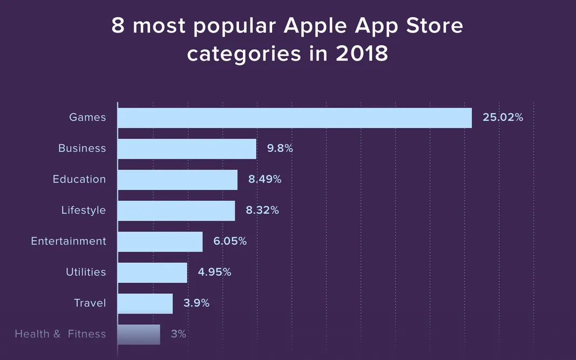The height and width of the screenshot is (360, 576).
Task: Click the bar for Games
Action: coord(294,118)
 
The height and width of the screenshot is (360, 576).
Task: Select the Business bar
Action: coord(187,149)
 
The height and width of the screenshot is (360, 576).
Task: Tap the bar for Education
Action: coord(177,180)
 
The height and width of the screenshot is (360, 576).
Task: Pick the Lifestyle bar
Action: coord(176,210)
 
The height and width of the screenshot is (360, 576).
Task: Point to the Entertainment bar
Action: coord(160,242)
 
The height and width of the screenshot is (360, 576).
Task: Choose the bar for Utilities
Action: coord(152,273)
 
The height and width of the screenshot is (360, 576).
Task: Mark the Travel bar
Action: coord(145,303)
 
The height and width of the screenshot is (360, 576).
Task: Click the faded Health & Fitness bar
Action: coord(139,334)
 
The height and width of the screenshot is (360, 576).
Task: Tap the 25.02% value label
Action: coord(503,117)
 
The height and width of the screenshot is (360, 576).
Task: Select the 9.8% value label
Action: coord(280,148)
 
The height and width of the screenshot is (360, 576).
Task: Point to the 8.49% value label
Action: coord(265,179)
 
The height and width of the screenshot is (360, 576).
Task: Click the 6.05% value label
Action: coord(230,241)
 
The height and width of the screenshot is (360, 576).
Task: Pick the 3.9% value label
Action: coord(196,303)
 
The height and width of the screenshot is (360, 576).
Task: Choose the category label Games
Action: coord(87,117)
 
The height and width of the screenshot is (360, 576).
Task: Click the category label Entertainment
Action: coord(69,241)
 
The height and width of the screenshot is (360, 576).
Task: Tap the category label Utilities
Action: coord(86,272)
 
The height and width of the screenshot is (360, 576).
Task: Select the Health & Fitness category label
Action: coord(60,334)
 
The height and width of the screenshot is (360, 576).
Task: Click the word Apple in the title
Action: coord(315,26)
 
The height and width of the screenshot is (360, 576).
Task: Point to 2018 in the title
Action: coord(361,54)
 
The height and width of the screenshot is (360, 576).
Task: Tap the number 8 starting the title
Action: coord(118,26)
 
